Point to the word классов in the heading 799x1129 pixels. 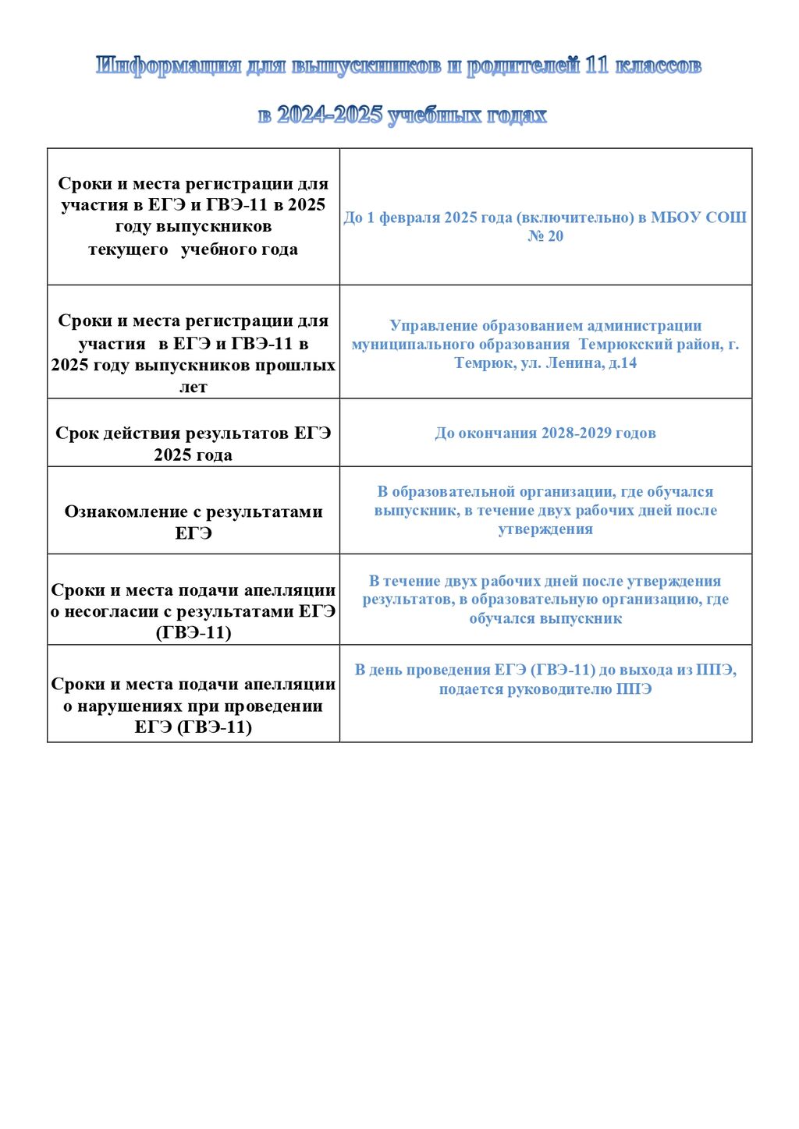click(659, 66)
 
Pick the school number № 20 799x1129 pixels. click(545, 236)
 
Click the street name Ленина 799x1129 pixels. click(575, 363)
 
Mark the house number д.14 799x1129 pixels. click(623, 363)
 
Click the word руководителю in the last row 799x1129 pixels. click(561, 689)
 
